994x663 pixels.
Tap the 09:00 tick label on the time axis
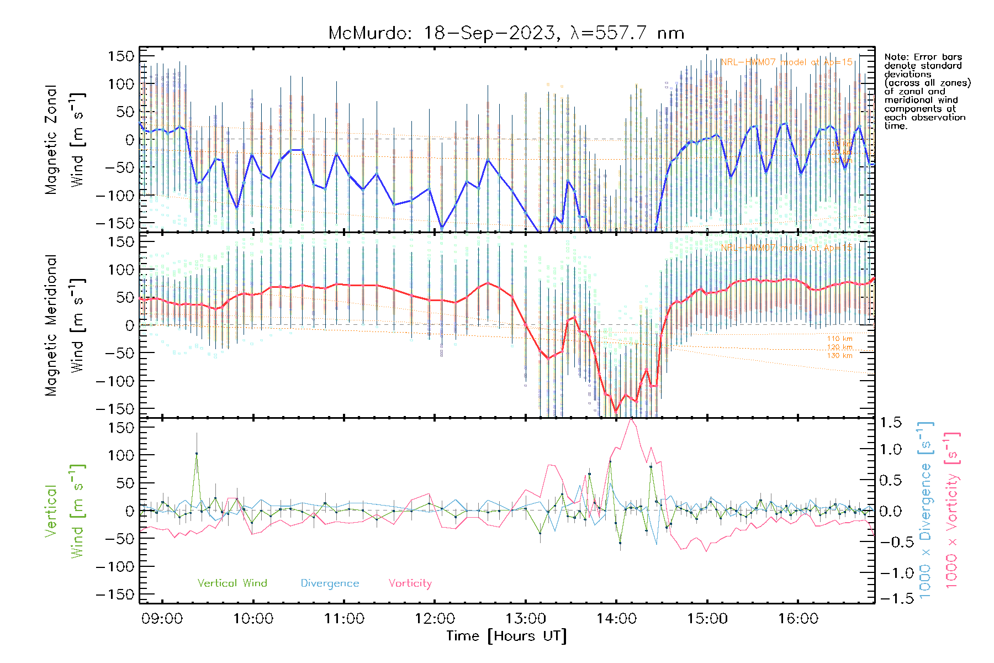(x=162, y=618)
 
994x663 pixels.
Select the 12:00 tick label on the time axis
(x=435, y=618)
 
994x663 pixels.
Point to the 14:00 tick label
(x=616, y=618)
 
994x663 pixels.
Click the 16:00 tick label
(x=798, y=618)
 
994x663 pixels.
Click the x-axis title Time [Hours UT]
(x=506, y=636)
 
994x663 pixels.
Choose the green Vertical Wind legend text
(x=232, y=583)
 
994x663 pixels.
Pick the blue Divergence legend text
(x=330, y=583)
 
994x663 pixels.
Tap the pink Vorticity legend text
(x=410, y=583)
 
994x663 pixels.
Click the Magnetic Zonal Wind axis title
(x=65, y=139)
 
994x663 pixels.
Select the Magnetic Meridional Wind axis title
(x=65, y=325)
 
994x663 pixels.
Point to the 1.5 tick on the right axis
(x=890, y=423)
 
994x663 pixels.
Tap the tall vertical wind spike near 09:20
(x=197, y=454)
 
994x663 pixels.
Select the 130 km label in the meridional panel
(x=839, y=355)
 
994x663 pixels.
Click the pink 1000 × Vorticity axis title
(x=952, y=509)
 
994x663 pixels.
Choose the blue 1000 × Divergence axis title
(x=926, y=509)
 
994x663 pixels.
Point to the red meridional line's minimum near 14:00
(x=616, y=411)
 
